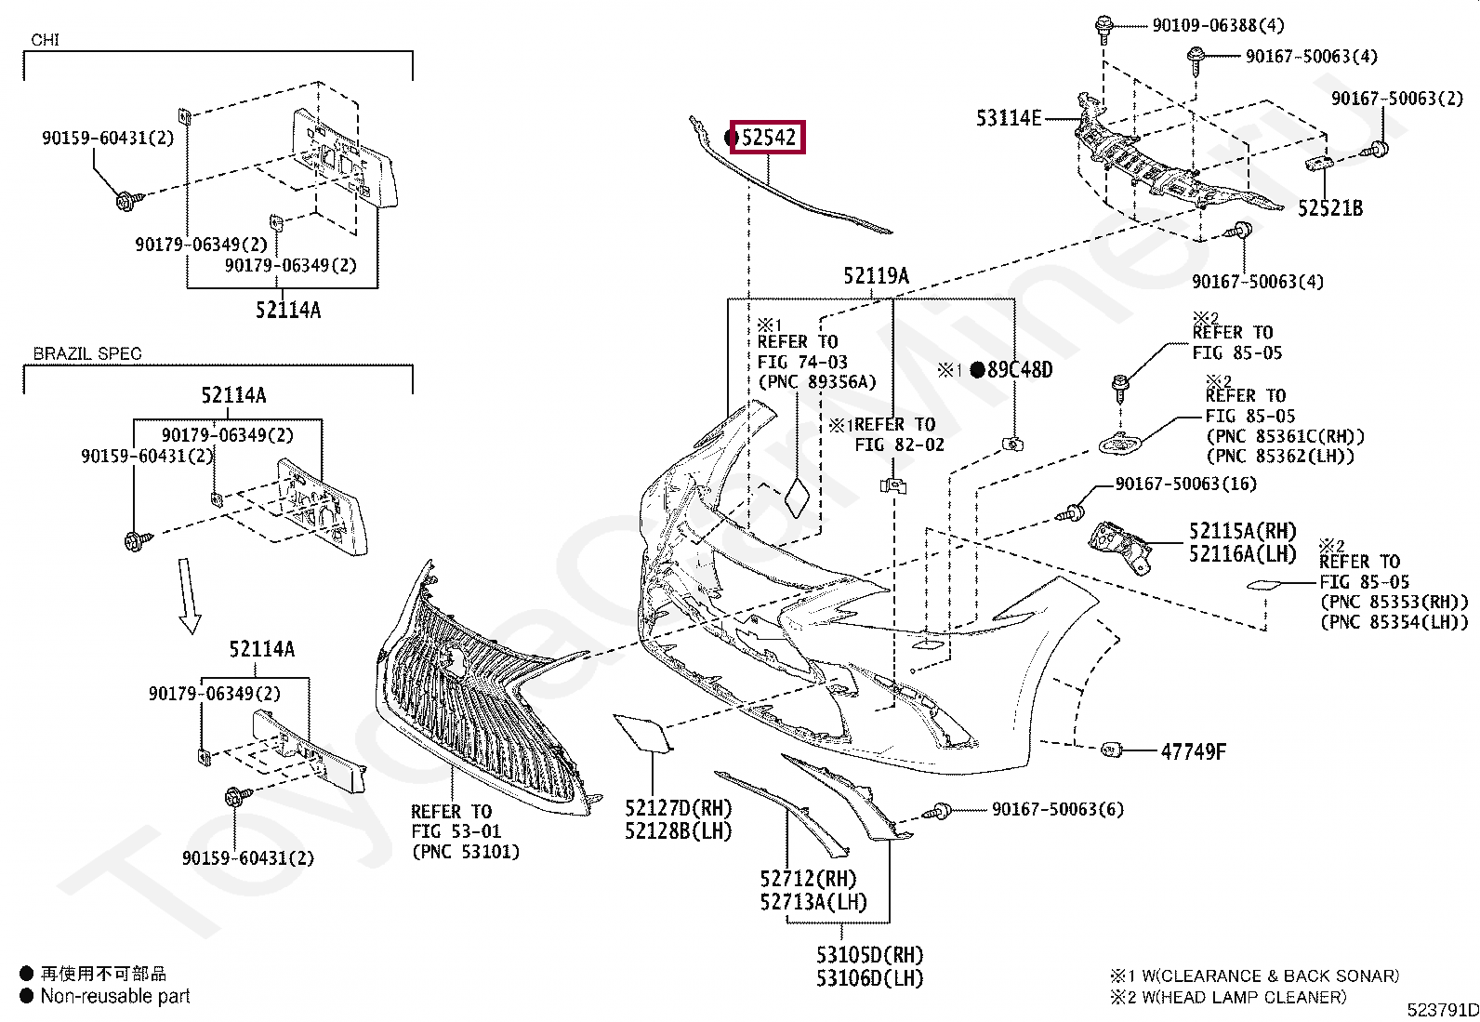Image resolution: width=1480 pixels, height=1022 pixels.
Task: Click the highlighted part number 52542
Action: pyautogui.click(x=769, y=138)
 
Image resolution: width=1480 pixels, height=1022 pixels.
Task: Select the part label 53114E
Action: pyautogui.click(x=1009, y=118)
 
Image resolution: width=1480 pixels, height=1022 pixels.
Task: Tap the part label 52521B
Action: pyautogui.click(x=1330, y=208)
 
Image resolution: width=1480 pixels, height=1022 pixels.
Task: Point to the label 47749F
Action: pyautogui.click(x=1194, y=751)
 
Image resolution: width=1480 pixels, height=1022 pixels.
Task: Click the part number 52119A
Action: pyautogui.click(x=876, y=275)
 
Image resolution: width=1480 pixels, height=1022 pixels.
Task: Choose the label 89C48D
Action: pyautogui.click(x=1020, y=369)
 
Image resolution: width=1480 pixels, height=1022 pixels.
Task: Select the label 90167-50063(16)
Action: pyautogui.click(x=1186, y=484)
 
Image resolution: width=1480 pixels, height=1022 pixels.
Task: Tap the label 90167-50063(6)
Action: pyautogui.click(x=1058, y=809)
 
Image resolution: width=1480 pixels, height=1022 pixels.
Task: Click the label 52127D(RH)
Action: pyautogui.click(x=679, y=808)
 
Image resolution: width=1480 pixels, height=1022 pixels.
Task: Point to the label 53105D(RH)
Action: pyautogui.click(x=869, y=954)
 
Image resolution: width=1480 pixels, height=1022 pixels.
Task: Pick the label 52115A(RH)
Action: pyautogui.click(x=1243, y=531)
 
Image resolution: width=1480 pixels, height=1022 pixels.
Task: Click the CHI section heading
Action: pyautogui.click(x=45, y=40)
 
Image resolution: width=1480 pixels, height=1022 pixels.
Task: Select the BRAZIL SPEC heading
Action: pyautogui.click(x=87, y=353)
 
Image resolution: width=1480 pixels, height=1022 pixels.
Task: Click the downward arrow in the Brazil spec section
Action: pyautogui.click(x=189, y=596)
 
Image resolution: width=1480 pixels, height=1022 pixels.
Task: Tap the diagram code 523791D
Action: pyautogui.click(x=1443, y=1010)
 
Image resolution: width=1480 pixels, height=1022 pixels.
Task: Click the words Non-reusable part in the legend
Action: pyautogui.click(x=115, y=996)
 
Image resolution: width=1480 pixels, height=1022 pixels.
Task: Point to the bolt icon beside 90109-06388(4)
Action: pyautogui.click(x=1103, y=29)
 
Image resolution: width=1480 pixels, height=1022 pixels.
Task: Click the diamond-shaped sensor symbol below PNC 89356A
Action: pyautogui.click(x=797, y=498)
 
